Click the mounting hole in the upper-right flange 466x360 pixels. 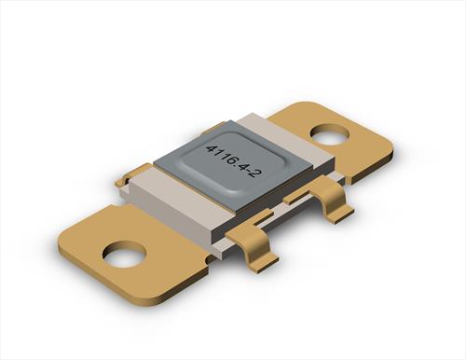(330, 134)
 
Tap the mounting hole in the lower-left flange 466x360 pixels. (124, 254)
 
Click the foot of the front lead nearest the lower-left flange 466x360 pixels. (267, 261)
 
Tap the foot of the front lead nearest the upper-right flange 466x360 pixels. (341, 215)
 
